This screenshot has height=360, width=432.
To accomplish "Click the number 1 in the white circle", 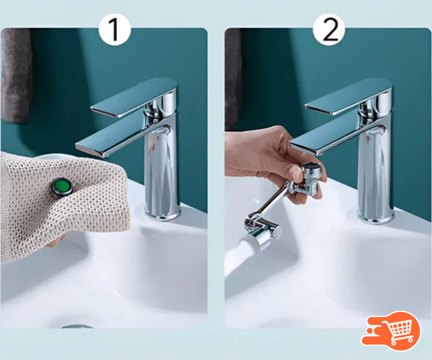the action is [115, 30].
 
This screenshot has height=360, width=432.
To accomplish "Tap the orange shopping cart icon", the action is [391, 331].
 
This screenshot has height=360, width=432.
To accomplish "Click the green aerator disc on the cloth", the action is [62, 186].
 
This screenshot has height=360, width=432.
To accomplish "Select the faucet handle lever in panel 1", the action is [134, 97].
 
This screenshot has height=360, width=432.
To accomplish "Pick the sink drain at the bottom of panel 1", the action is [77, 326].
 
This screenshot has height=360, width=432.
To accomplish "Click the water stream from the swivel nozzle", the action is [236, 257].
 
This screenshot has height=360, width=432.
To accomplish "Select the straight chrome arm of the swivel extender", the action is [274, 199].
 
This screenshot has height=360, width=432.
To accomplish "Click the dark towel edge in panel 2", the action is [233, 80].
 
